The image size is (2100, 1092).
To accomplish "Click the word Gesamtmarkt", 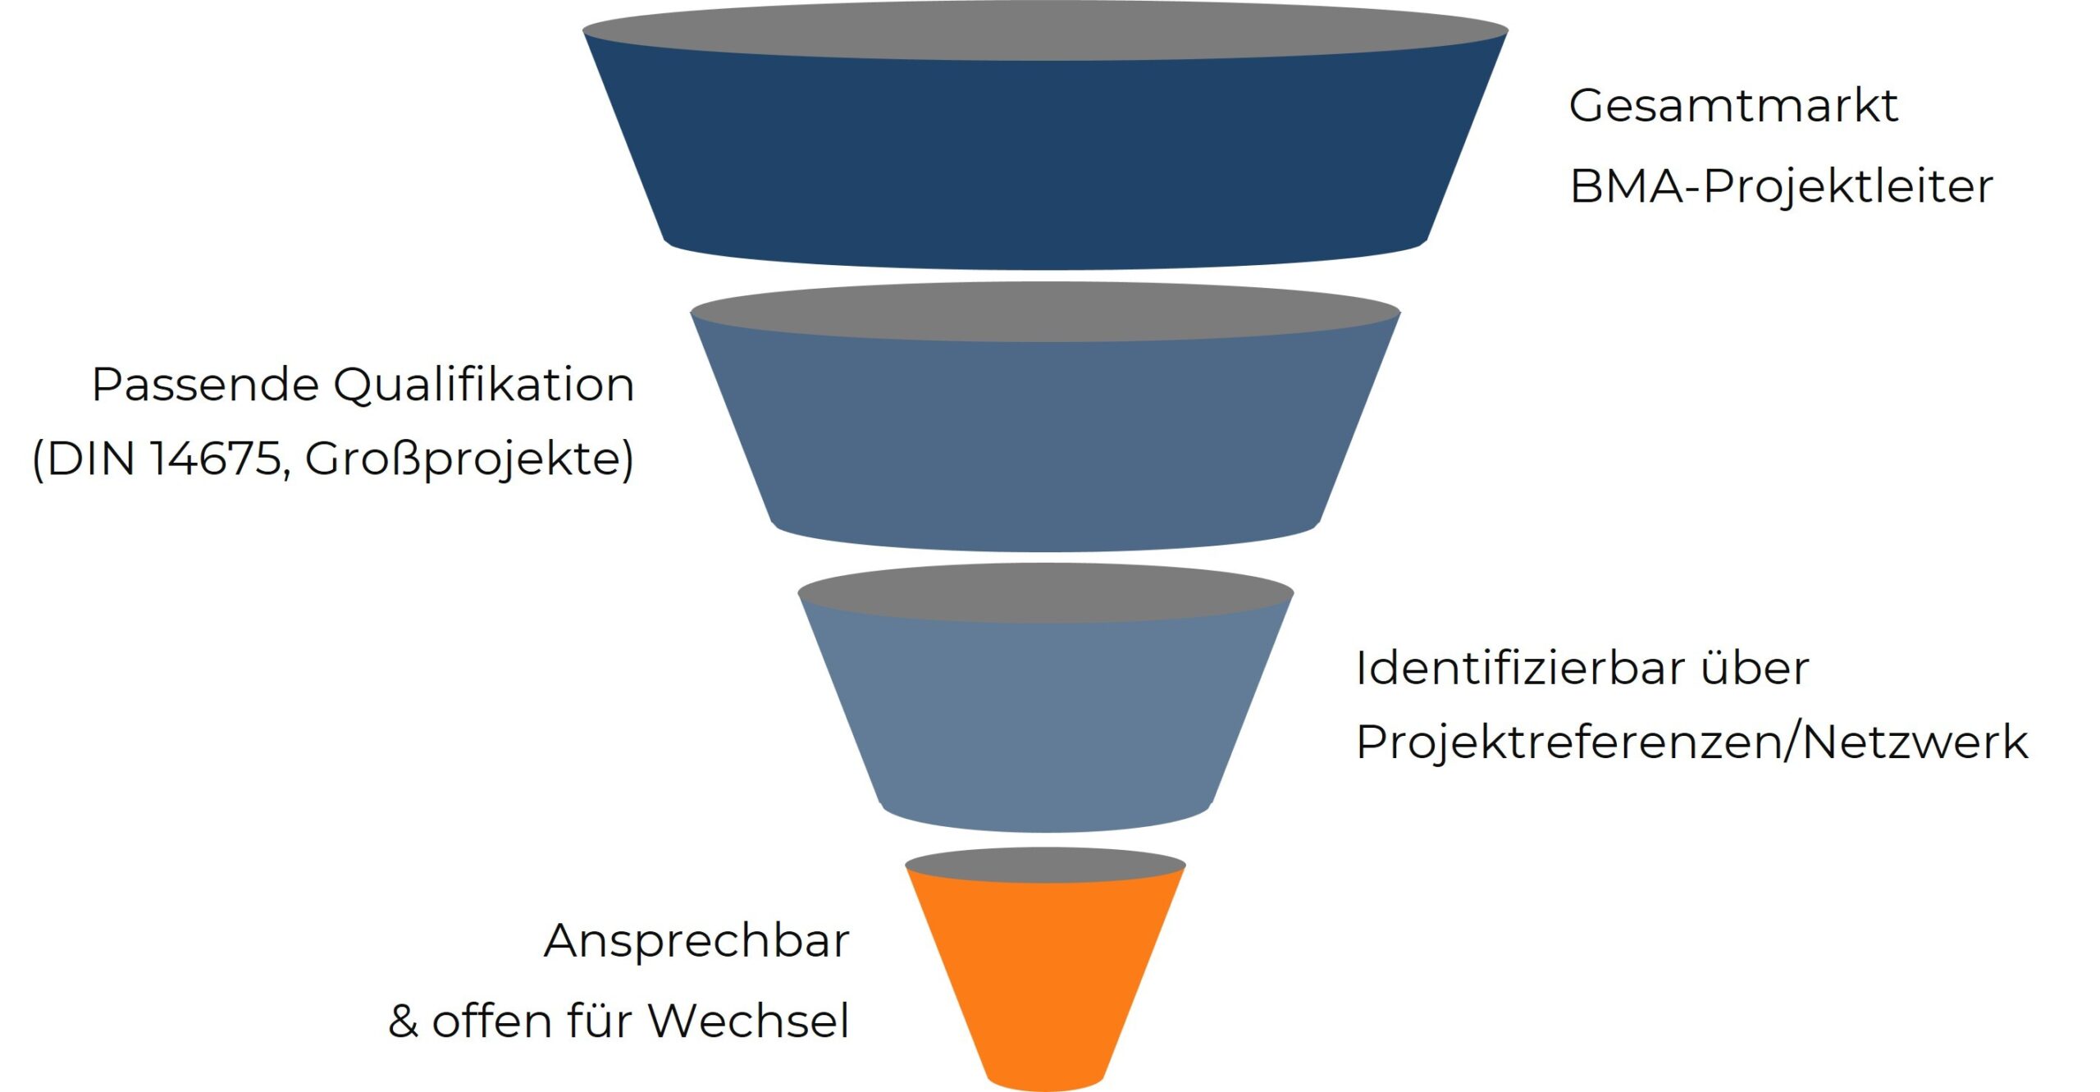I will pos(1732,107).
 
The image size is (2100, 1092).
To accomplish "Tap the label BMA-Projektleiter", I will pos(1780,187).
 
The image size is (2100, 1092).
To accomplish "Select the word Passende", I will pos(205,386).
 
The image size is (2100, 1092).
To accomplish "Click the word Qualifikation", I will pos(484,386).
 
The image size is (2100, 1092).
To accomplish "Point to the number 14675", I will pos(217,459).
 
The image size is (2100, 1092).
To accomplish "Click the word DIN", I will pos(90,459).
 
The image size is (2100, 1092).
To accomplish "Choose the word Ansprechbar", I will pos(696,941).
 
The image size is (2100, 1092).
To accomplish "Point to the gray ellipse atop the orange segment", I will pos(1045,866).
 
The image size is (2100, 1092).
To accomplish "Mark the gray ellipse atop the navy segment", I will pos(1045,31).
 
